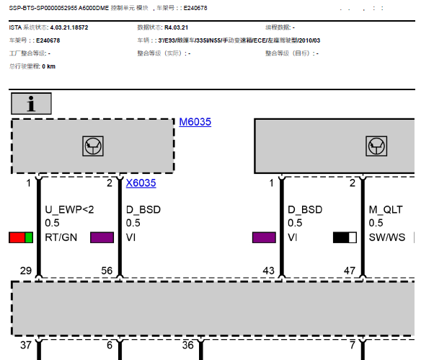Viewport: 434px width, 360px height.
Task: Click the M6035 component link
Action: tap(195, 122)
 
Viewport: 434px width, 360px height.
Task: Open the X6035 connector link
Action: tap(141, 183)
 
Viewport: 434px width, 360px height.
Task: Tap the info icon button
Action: tap(31, 104)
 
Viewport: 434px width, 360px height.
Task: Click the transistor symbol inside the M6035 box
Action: tap(93, 146)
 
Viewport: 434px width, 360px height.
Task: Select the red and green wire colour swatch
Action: tap(21, 237)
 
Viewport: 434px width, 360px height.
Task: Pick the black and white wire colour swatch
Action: tap(345, 237)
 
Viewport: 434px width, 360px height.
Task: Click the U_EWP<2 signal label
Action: tap(69, 210)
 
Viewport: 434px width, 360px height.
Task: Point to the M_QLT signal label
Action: tap(386, 210)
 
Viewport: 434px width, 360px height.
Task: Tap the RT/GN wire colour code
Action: tap(61, 237)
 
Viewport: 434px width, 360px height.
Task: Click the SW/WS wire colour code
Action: tap(387, 237)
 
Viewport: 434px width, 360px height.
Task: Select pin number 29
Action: tap(26, 271)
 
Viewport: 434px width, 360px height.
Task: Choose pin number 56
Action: tap(107, 271)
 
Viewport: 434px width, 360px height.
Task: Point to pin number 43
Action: tap(268, 271)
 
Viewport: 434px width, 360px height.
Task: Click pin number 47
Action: tap(350, 271)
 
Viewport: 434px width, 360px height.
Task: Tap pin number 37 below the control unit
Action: tap(26, 345)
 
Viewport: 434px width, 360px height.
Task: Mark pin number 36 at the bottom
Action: tap(187, 345)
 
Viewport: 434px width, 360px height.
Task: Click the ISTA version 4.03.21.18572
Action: tap(69, 27)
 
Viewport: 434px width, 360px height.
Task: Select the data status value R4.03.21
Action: tap(177, 27)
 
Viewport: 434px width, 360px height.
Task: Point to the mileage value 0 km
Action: tap(49, 66)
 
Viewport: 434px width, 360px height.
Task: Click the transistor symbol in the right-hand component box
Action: tap(376, 146)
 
